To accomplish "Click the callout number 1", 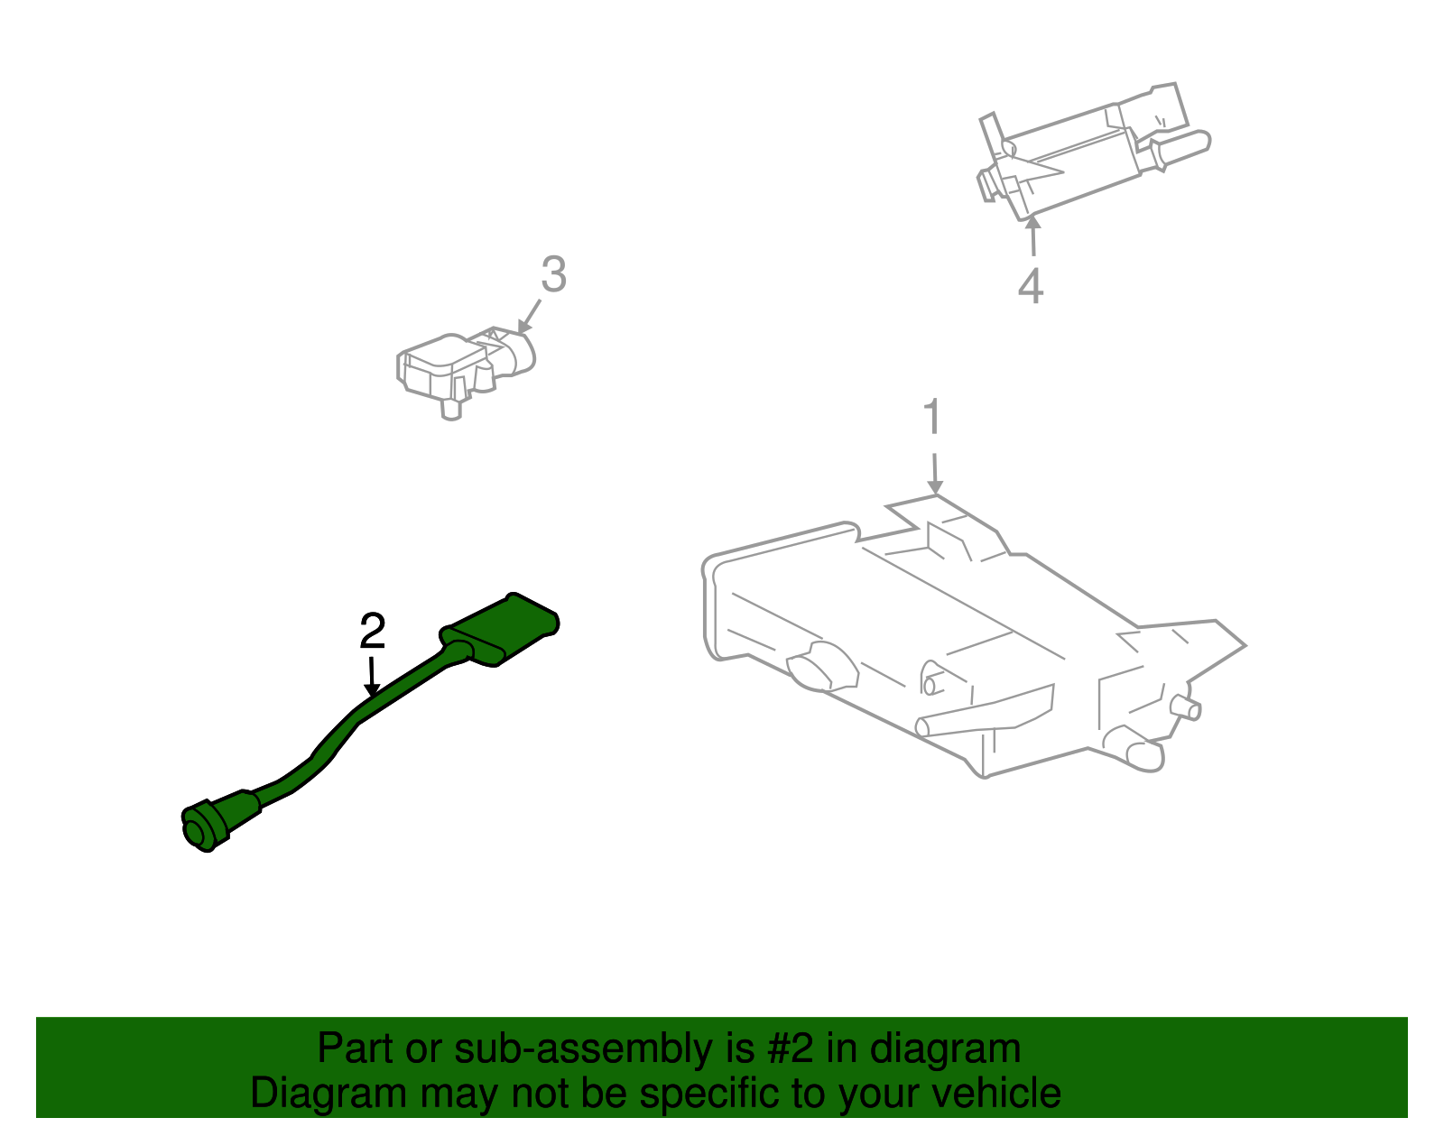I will (x=932, y=418).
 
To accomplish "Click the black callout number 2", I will (x=372, y=631).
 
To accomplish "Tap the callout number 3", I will (x=553, y=274).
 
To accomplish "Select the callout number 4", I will (x=1031, y=286).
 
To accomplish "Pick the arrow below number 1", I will (x=935, y=469).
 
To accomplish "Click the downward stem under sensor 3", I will (x=450, y=408).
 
